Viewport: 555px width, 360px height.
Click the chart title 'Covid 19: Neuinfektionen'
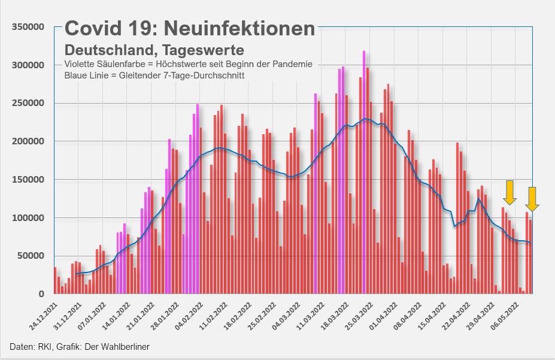pos(190,28)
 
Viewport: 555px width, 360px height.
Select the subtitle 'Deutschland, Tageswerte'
pos(154,49)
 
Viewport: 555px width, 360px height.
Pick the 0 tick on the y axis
pos(41,294)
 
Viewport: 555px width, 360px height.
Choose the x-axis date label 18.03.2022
pos(334,314)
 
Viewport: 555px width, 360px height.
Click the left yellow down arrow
pos(509,192)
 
